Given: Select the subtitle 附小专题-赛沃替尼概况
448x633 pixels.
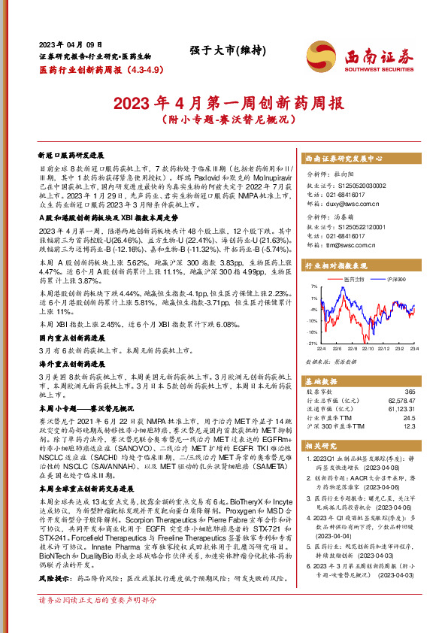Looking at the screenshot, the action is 223,120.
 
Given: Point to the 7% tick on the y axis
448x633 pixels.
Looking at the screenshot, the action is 313,287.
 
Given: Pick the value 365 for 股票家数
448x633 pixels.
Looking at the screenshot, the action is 409,392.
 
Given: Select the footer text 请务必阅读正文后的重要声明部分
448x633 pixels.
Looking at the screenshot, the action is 97,621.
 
